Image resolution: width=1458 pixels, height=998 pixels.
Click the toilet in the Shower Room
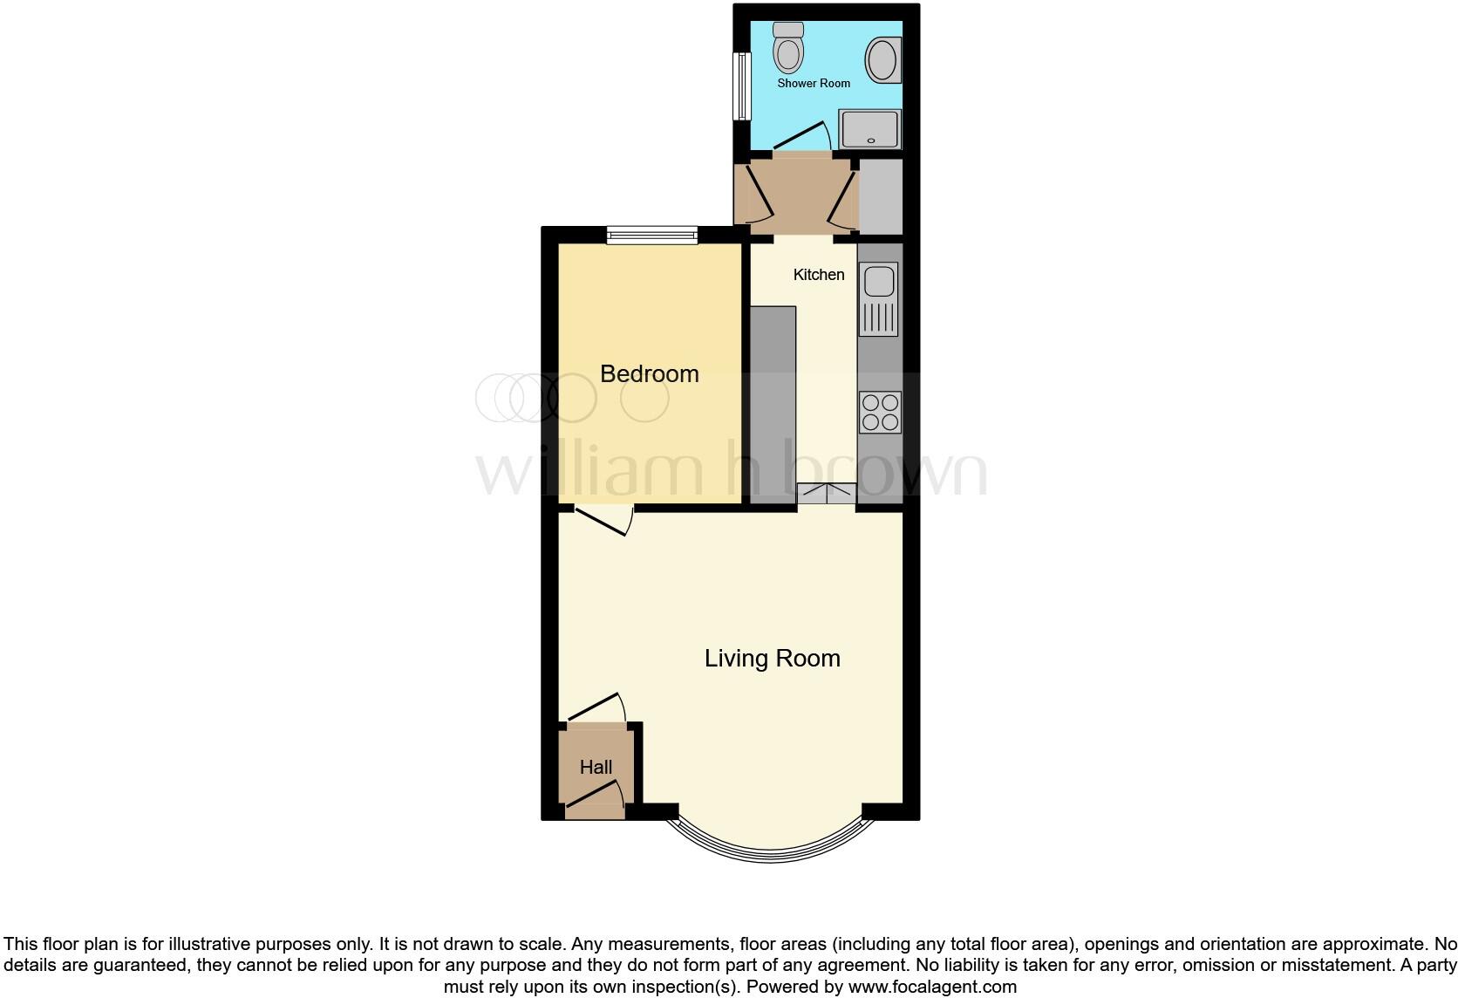789,49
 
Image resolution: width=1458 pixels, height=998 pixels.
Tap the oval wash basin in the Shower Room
882,61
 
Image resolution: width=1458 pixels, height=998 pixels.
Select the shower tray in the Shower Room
869,129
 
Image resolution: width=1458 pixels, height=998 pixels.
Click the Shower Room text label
814,84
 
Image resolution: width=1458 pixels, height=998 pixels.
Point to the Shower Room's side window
742,86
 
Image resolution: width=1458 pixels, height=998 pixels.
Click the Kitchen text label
818,275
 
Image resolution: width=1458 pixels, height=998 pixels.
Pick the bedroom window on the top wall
652,234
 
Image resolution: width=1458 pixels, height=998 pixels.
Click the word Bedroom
649,373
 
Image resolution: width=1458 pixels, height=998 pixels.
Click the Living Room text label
772,658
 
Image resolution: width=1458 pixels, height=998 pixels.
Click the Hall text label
596,767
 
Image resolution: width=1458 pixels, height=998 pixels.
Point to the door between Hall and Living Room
596,707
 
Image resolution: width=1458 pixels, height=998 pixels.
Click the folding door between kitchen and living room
826,495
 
